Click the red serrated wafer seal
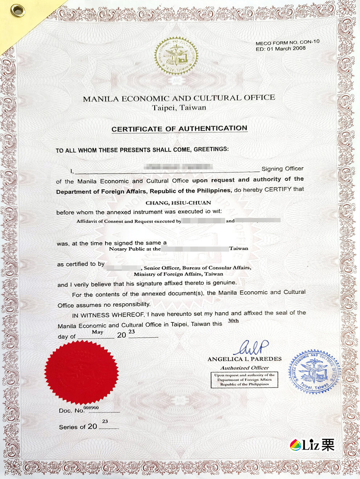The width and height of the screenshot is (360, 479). pos(82,372)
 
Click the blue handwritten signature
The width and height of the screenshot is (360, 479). pos(251,347)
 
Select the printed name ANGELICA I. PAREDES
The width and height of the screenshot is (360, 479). pos(244,359)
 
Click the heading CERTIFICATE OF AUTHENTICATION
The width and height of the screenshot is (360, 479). pos(179,129)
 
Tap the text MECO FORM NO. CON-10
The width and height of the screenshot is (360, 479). pos(287,42)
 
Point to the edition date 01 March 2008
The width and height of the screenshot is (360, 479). pos(286,48)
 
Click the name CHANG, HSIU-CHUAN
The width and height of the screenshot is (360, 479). pos(178,203)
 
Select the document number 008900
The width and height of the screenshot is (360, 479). pos(91,408)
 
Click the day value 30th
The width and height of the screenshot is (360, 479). pos(233,321)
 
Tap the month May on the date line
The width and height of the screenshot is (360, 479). pos(98,332)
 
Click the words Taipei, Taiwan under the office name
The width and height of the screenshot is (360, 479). pos(179,108)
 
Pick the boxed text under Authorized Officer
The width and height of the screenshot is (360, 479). pos(244,380)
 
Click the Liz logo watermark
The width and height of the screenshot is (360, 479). pos(312,445)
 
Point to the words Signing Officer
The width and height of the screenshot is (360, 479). pos(282,169)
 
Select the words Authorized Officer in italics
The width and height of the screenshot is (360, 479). pos(244,368)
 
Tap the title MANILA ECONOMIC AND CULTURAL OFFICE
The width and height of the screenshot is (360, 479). pos(179,98)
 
